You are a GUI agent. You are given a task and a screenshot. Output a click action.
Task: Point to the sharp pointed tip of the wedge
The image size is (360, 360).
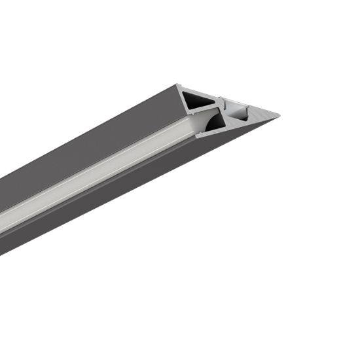click(278, 116)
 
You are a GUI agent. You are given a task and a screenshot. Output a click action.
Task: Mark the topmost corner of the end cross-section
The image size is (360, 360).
click(178, 84)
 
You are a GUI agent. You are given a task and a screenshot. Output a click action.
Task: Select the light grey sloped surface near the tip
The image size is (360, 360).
click(259, 120)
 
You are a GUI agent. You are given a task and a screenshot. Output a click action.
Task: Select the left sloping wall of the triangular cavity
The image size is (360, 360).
click(187, 99)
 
